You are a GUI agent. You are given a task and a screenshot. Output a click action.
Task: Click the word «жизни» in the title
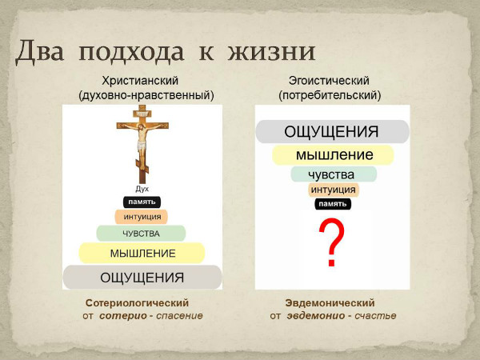coord(271,51)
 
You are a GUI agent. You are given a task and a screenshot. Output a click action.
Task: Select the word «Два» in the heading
coord(40,51)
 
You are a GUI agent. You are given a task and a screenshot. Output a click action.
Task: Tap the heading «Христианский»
coord(140,81)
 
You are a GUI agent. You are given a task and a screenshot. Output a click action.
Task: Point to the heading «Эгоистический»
coord(329,81)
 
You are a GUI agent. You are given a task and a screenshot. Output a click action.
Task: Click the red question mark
coord(332,242)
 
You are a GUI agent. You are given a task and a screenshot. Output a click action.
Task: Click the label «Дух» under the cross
coord(142,189)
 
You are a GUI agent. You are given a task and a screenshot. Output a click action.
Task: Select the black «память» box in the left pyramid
coord(142,202)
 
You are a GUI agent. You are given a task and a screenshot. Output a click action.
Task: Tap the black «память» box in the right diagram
coord(333,204)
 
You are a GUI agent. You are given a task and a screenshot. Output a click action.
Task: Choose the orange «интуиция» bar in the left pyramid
coord(142,217)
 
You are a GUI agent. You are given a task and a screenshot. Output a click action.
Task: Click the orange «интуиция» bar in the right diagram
coord(334,190)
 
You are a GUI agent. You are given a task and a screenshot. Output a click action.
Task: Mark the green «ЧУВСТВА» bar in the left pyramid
coord(141,234)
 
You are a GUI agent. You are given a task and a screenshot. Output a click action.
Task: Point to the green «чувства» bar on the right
coord(334,174)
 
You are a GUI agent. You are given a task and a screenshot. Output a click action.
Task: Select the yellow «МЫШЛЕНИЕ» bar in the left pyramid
coord(142,253)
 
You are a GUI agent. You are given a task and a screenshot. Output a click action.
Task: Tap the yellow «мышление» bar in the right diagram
coord(333,155)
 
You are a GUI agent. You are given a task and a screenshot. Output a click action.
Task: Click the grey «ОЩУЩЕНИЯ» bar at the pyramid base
coord(142,278)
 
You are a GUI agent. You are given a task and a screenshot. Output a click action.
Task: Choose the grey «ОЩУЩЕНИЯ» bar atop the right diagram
coord(333,132)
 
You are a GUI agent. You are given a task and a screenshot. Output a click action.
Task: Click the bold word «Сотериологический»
coord(137,302)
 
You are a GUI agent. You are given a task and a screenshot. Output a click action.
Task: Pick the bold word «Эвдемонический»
coord(330,302)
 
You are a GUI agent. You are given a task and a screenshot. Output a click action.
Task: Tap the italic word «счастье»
coord(375,315)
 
